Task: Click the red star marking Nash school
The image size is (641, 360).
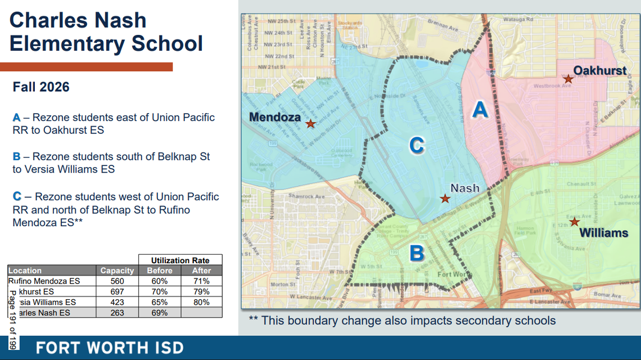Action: [x=445, y=199]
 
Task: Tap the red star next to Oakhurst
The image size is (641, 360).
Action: [x=568, y=79]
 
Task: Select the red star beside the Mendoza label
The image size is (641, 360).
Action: [x=310, y=123]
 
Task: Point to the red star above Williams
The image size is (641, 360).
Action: [x=574, y=222]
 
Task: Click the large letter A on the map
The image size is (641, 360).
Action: [x=480, y=109]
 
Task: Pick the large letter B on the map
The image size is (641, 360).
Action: [x=417, y=253]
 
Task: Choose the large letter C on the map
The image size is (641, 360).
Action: [x=417, y=146]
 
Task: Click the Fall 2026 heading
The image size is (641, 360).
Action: [x=41, y=87]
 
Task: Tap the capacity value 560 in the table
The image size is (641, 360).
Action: [x=117, y=281]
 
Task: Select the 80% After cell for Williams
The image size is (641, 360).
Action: [x=201, y=302]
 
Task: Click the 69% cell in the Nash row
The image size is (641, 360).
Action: [x=160, y=312]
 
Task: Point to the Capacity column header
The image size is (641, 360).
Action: [x=117, y=271]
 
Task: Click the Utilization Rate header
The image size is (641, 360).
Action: [x=180, y=260]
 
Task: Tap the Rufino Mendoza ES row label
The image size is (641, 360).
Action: [x=44, y=281]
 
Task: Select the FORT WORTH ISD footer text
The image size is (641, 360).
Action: [x=110, y=348]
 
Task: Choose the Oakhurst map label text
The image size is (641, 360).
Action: [x=600, y=70]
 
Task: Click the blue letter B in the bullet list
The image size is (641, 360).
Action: [x=17, y=156]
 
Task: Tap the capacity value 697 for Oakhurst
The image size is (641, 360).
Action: [x=117, y=291]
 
